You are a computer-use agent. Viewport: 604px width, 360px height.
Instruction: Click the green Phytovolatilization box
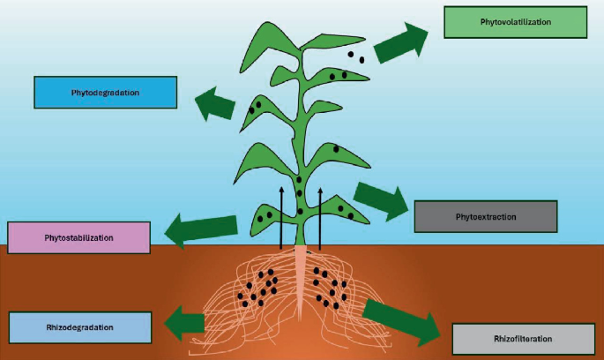pos(515,21)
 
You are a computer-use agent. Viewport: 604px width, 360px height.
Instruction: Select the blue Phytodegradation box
pos(105,93)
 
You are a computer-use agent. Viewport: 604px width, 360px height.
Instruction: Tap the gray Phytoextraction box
pos(486,216)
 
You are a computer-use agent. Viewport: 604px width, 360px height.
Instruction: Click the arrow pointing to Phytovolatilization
pos(401,43)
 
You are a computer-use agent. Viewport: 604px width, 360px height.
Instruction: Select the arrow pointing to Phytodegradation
pos(215,104)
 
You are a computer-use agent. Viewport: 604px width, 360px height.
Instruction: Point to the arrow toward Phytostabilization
pos(202,229)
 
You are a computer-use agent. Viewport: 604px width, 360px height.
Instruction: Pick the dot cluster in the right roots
pos(333,289)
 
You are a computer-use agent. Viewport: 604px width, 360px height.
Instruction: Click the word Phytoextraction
pos(486,216)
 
